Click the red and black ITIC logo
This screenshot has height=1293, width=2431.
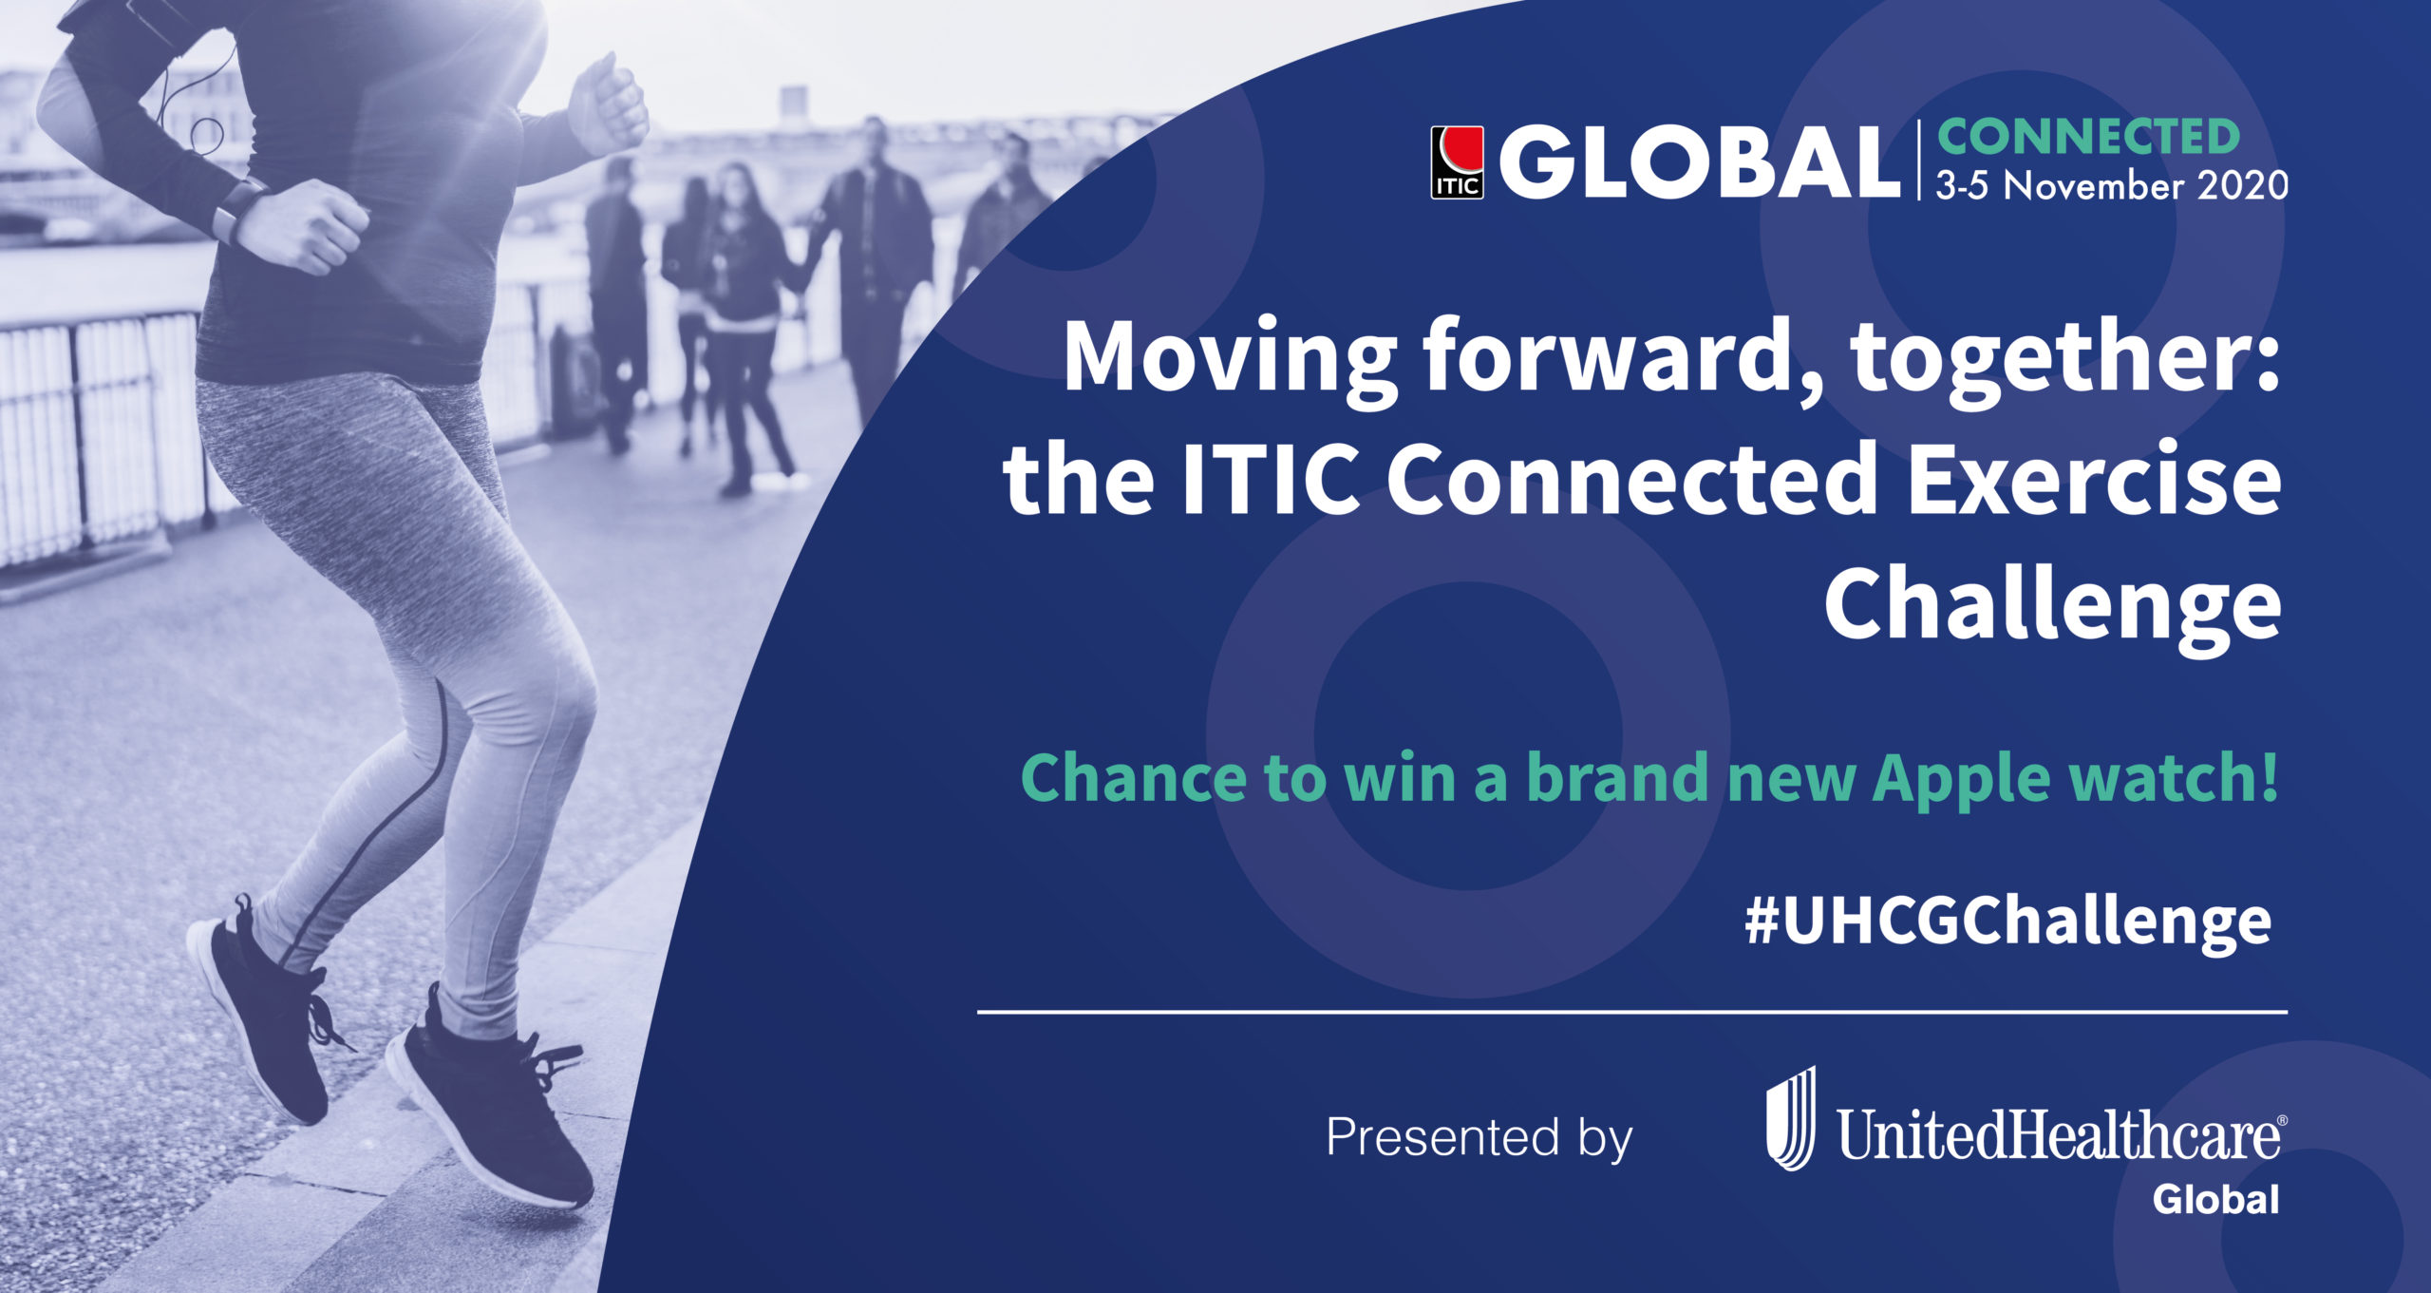pyautogui.click(x=1457, y=162)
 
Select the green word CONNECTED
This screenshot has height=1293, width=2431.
pyautogui.click(x=2088, y=138)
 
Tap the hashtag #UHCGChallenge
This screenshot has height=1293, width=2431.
pyautogui.click(x=2008, y=922)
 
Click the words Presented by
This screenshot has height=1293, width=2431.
pyautogui.click(x=1479, y=1138)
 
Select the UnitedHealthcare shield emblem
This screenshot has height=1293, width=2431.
pyautogui.click(x=1791, y=1118)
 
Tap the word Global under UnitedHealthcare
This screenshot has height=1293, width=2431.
pyautogui.click(x=2215, y=1200)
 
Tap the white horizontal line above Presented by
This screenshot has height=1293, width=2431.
pyautogui.click(x=1632, y=1013)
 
